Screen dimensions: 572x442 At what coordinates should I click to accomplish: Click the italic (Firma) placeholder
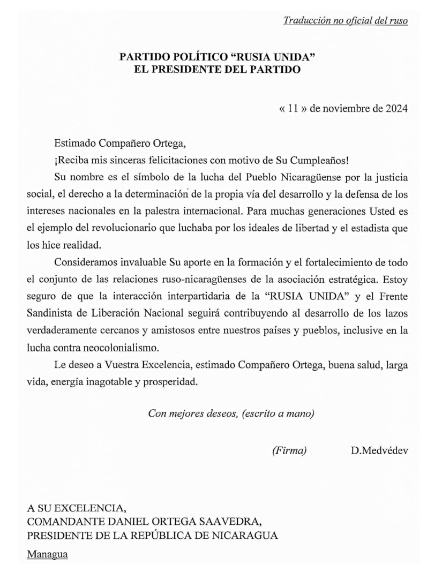[289, 450]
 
